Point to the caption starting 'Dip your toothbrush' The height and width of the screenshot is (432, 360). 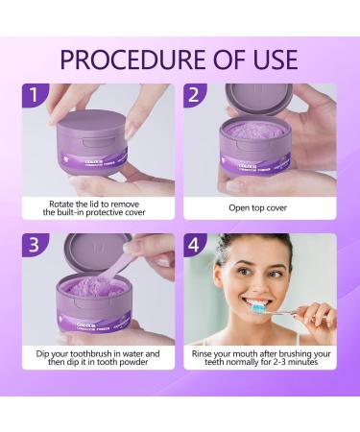pos(98,357)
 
